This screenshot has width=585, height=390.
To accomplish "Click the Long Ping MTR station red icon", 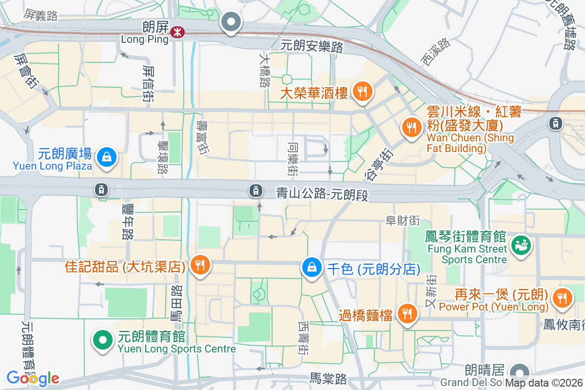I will pyautogui.click(x=177, y=32).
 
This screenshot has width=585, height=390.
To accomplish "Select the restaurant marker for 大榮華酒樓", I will pyautogui.click(x=362, y=91).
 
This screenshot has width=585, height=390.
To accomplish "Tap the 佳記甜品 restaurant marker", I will pyautogui.click(x=200, y=266).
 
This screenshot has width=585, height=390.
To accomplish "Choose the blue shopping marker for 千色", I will pyautogui.click(x=311, y=267).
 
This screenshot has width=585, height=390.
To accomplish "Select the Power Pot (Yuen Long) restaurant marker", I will pyautogui.click(x=562, y=297).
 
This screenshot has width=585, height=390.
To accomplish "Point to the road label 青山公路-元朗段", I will pyautogui.click(x=321, y=194).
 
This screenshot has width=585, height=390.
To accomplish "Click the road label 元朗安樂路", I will pyautogui.click(x=312, y=46).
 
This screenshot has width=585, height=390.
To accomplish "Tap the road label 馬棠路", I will pyautogui.click(x=328, y=378).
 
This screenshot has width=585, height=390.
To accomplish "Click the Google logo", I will pyautogui.click(x=33, y=378).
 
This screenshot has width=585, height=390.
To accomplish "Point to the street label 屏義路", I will pyautogui.click(x=40, y=16).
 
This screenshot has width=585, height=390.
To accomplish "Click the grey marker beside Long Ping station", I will pyautogui.click(x=231, y=22).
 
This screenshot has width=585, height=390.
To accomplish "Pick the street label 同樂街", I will pyautogui.click(x=292, y=159).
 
